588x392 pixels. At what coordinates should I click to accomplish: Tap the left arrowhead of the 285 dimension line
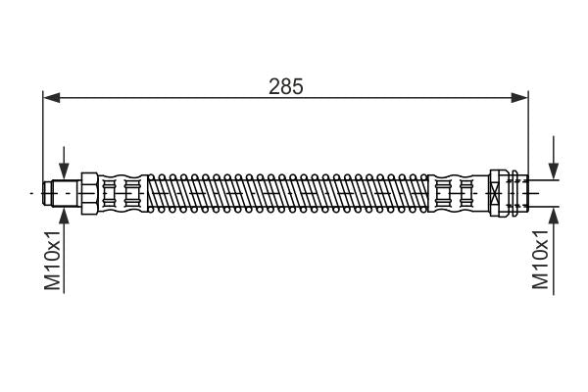click(x=51, y=96)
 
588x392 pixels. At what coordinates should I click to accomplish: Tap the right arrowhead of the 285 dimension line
click(x=520, y=96)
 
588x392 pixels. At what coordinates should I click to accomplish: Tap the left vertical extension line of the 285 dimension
click(x=44, y=137)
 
